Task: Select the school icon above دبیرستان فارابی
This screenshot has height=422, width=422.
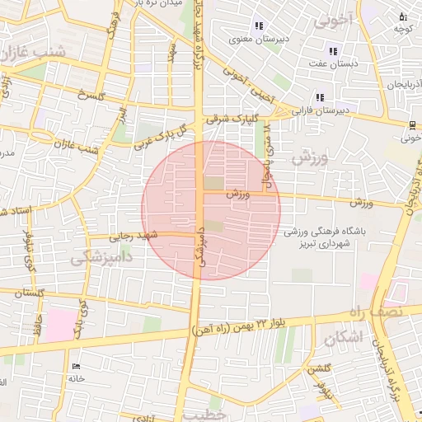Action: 320,97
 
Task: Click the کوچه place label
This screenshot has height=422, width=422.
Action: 401,28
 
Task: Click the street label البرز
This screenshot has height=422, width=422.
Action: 122,113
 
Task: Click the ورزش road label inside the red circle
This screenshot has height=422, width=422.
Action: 236,195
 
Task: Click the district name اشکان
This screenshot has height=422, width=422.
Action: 342,337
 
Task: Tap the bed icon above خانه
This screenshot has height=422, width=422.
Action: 77,367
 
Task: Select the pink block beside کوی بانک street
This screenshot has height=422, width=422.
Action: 58,326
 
